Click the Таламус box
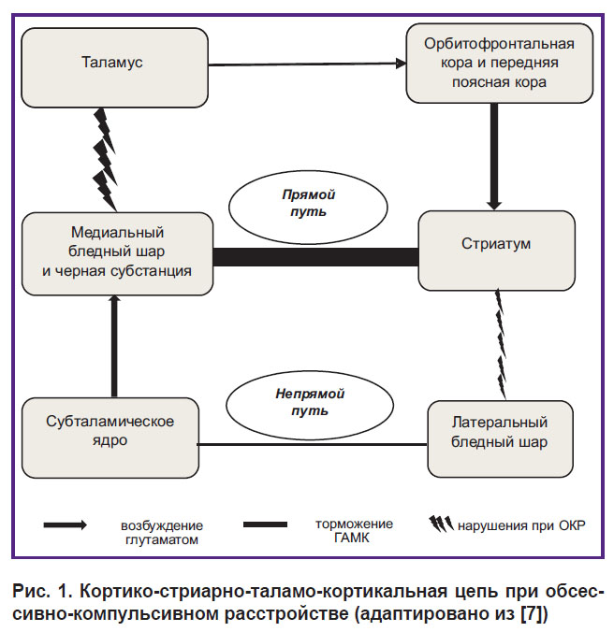[x=114, y=67]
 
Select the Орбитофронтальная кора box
[x=500, y=63]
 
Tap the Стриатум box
[x=497, y=251]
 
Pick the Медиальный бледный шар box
[x=117, y=254]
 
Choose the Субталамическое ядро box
[x=110, y=438]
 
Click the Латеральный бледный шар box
[x=500, y=438]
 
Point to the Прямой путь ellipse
[x=308, y=207]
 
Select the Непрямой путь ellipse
[x=310, y=405]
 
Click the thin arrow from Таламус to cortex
[x=307, y=65]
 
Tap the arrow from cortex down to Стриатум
[x=494, y=156]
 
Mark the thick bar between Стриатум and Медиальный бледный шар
[x=315, y=257]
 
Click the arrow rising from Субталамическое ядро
[x=114, y=346]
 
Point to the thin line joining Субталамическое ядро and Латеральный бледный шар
[x=313, y=445]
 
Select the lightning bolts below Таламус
[x=106, y=160]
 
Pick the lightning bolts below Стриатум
[x=501, y=344]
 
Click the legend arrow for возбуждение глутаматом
[x=66, y=524]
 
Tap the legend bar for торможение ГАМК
[x=266, y=524]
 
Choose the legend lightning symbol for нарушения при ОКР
[x=441, y=524]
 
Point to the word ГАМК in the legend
[x=352, y=539]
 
